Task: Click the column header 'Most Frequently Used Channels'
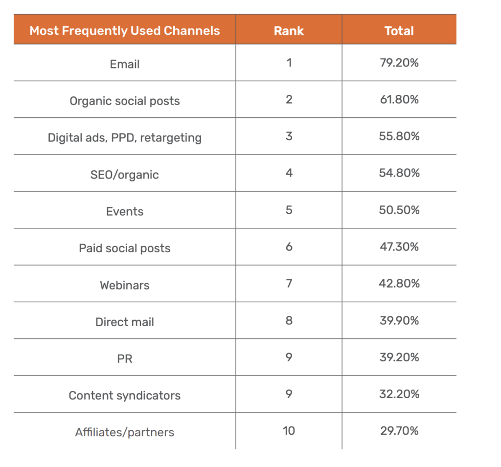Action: pyautogui.click(x=125, y=31)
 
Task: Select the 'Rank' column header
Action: pyautogui.click(x=289, y=31)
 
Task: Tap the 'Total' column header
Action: pyautogui.click(x=399, y=31)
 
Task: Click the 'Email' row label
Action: pyautogui.click(x=125, y=64)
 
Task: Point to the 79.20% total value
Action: pyautogui.click(x=399, y=63)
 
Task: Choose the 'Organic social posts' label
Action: pyautogui.click(x=125, y=101)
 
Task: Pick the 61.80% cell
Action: pyautogui.click(x=399, y=100)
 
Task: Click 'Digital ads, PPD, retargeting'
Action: pyautogui.click(x=125, y=138)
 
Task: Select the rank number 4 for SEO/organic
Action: pyautogui.click(x=289, y=173)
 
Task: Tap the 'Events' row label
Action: pyautogui.click(x=125, y=212)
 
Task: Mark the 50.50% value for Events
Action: pyautogui.click(x=399, y=210)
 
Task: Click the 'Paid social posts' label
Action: pyautogui.click(x=125, y=248)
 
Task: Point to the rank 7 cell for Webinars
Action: pyautogui.click(x=289, y=284)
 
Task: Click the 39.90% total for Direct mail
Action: pyautogui.click(x=399, y=321)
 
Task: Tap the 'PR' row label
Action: pyautogui.click(x=125, y=359)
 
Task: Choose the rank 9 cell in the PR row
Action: pyautogui.click(x=289, y=357)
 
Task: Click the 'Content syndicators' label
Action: pyautogui.click(x=125, y=396)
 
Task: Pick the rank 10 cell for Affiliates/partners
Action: pyautogui.click(x=289, y=431)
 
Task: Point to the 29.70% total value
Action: pyautogui.click(x=399, y=431)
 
